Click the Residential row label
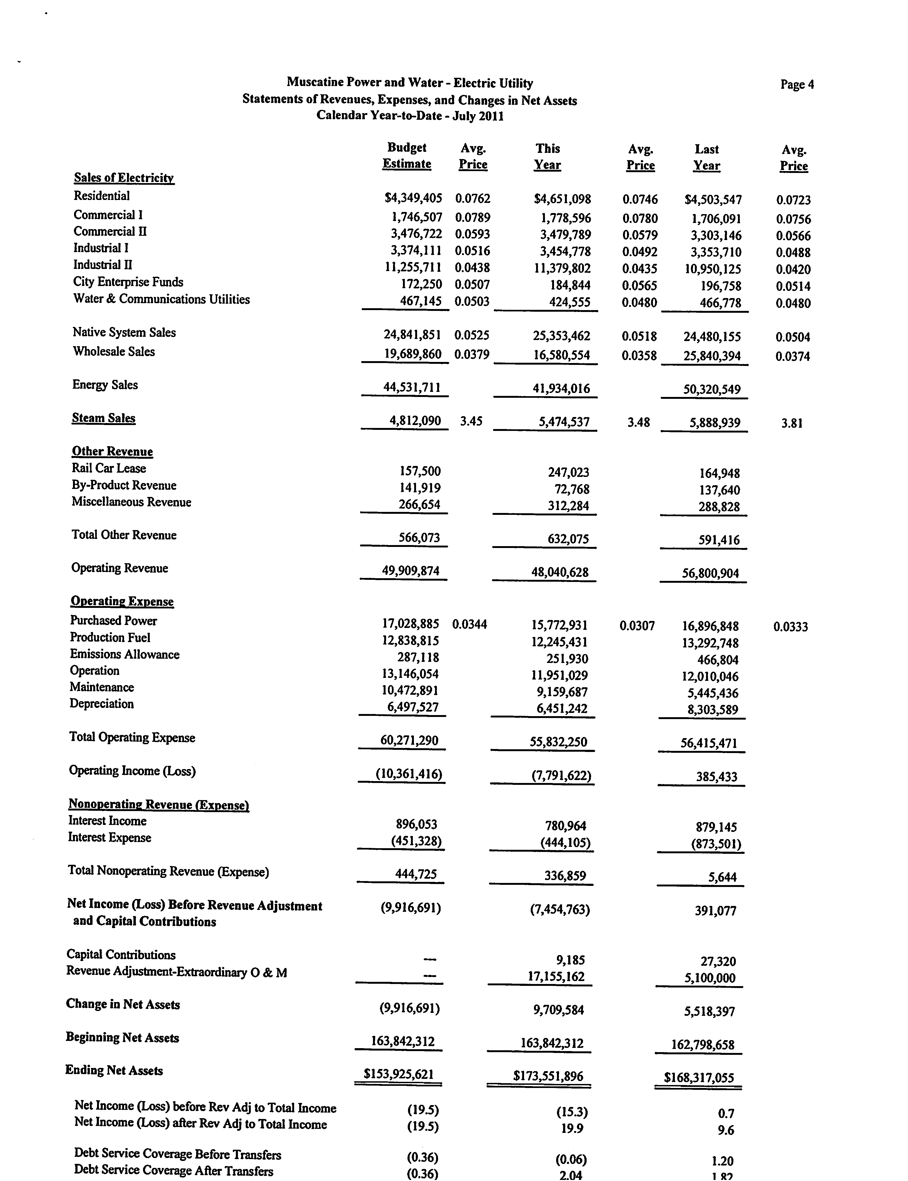pos(102,196)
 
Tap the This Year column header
pos(548,157)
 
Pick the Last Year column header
pos(706,157)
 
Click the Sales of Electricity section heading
pos(124,178)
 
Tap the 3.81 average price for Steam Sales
pos(792,423)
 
